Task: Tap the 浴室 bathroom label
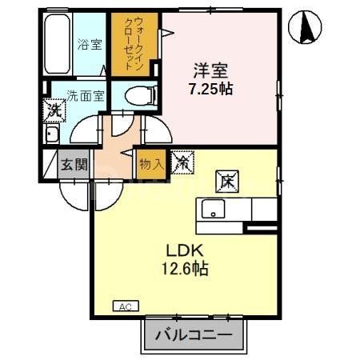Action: click(90, 45)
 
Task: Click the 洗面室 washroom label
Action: click(85, 94)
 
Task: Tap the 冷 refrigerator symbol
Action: click(182, 162)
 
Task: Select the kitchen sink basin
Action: click(214, 210)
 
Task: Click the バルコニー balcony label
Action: click(194, 334)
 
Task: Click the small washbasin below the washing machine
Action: click(52, 133)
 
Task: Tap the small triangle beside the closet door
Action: click(168, 33)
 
